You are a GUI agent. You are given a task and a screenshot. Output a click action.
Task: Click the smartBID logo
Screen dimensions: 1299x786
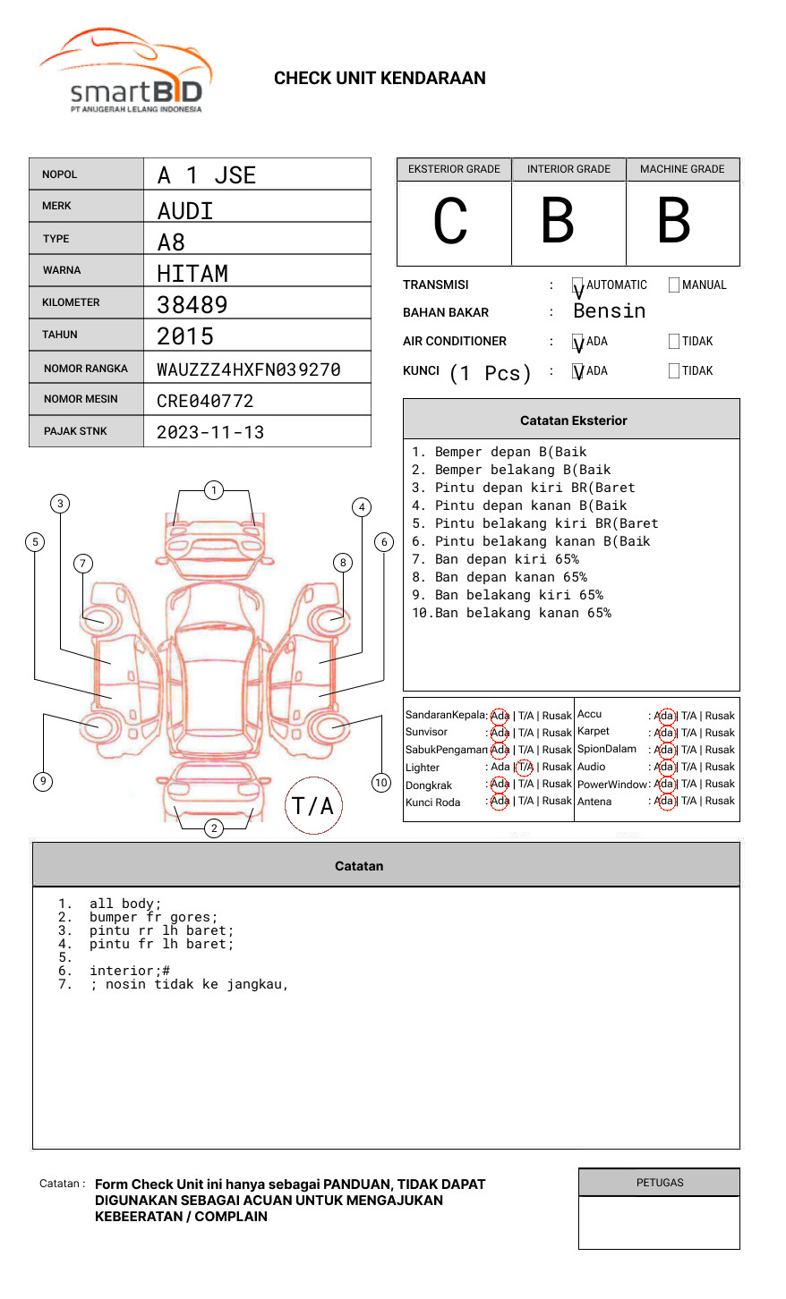point(125,72)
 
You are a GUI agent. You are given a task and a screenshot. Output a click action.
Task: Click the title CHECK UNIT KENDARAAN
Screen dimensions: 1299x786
point(380,79)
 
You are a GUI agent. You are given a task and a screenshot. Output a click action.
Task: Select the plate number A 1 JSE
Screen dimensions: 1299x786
point(207,175)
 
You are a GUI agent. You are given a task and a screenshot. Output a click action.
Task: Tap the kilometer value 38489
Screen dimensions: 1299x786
point(192,305)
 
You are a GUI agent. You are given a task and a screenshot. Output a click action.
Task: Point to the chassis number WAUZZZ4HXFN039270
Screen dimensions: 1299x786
point(249,369)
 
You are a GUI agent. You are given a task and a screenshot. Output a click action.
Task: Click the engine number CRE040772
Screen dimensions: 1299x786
point(205,401)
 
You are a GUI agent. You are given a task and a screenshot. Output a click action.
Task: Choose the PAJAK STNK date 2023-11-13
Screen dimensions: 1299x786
point(210,432)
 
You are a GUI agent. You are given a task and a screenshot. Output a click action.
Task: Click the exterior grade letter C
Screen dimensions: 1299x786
point(450,221)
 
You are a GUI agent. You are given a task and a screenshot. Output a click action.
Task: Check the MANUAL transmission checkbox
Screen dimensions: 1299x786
point(674,285)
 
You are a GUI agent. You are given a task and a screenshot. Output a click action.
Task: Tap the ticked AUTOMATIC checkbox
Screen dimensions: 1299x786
point(578,285)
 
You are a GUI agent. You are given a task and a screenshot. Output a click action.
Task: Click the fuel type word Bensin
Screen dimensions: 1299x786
point(609,311)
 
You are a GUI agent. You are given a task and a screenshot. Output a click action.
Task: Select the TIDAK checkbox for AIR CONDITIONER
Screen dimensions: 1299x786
point(674,342)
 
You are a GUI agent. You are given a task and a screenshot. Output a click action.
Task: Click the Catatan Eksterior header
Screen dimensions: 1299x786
point(573,420)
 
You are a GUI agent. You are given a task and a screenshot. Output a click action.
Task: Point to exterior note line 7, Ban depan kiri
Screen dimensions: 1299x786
point(495,559)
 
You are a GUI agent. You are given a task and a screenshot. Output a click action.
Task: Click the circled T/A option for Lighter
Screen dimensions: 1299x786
point(525,767)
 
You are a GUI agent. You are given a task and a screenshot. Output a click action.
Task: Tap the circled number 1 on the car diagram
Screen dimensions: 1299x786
point(213,490)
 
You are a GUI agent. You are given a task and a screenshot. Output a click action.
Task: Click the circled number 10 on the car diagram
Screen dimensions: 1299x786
point(381,783)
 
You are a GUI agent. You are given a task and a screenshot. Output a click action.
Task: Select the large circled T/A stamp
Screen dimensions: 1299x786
point(313,806)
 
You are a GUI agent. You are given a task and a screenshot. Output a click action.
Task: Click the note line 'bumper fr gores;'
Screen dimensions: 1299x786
point(153,917)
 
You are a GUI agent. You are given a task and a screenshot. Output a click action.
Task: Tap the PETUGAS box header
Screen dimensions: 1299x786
point(660,1183)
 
